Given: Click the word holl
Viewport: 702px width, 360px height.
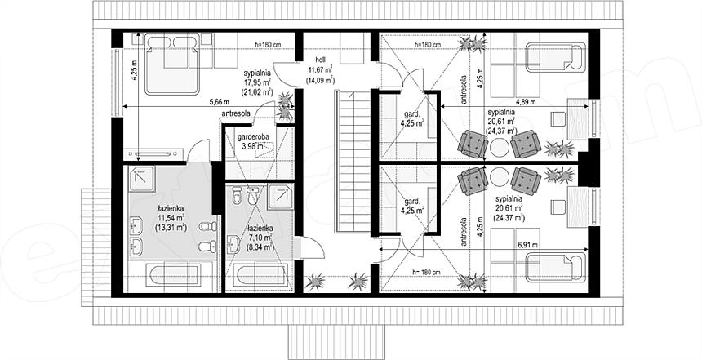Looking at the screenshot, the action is (x=320, y=60).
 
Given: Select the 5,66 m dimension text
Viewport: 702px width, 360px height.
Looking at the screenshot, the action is (x=219, y=102).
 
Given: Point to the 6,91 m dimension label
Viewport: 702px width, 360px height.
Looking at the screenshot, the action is (x=527, y=245).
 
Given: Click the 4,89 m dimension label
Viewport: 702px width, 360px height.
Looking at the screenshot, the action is (x=526, y=102).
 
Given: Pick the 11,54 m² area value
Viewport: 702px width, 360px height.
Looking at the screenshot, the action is (x=171, y=218).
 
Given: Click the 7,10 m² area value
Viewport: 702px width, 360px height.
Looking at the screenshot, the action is (x=260, y=238).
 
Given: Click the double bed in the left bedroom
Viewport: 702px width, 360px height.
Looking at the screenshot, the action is (x=172, y=65).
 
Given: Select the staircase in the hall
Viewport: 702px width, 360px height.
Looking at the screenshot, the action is (x=353, y=161).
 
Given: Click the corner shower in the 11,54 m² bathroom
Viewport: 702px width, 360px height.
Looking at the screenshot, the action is (x=141, y=180).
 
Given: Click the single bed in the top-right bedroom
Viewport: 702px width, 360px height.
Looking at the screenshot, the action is (x=556, y=57).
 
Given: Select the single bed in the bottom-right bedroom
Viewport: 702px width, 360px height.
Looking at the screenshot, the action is (x=556, y=268).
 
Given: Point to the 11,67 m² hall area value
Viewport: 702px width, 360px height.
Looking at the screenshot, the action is (x=320, y=69).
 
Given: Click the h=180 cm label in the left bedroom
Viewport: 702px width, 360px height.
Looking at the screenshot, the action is (x=268, y=44).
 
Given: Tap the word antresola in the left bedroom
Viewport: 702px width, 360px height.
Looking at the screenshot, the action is (x=235, y=113).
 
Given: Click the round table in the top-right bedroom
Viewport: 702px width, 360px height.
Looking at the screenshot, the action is (x=500, y=145).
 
